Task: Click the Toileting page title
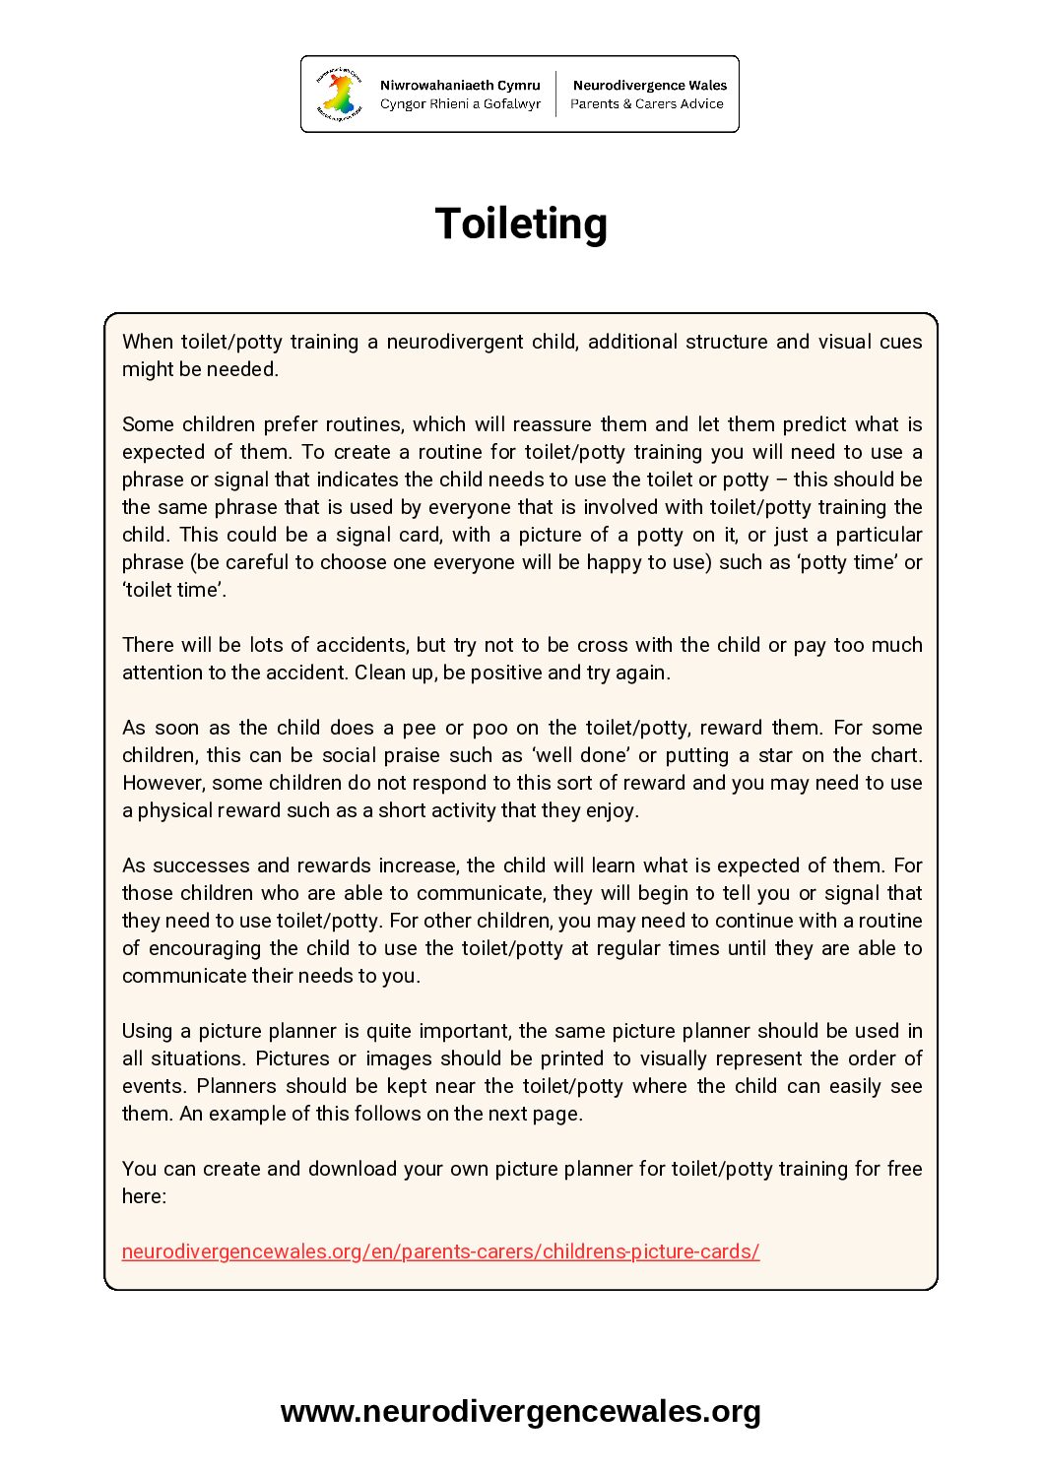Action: (x=521, y=224)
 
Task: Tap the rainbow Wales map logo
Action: (x=338, y=95)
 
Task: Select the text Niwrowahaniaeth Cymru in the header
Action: (x=460, y=86)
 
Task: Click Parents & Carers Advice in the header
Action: (x=647, y=103)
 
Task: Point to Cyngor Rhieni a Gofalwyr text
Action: (x=460, y=103)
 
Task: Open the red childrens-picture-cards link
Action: (x=440, y=1251)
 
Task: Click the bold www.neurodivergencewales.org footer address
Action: (x=521, y=1411)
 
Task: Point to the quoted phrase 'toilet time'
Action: (x=173, y=590)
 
